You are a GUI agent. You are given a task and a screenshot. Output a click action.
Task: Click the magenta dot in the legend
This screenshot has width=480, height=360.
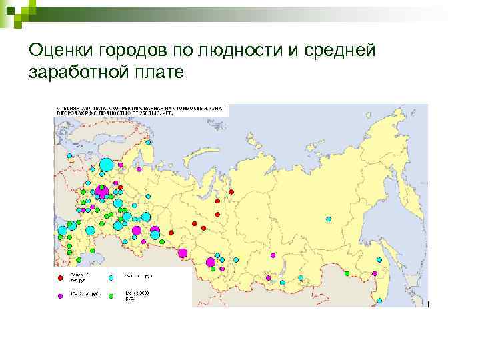(x=61, y=294)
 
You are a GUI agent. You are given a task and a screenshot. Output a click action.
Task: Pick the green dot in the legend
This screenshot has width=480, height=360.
(x=112, y=294)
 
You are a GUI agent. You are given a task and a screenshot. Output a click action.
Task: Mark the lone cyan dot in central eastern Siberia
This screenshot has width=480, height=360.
(x=328, y=219)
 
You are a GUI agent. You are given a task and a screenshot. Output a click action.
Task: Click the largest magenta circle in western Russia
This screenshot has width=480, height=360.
(x=102, y=191)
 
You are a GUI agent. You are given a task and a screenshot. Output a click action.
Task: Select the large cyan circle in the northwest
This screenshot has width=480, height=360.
(x=106, y=164)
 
